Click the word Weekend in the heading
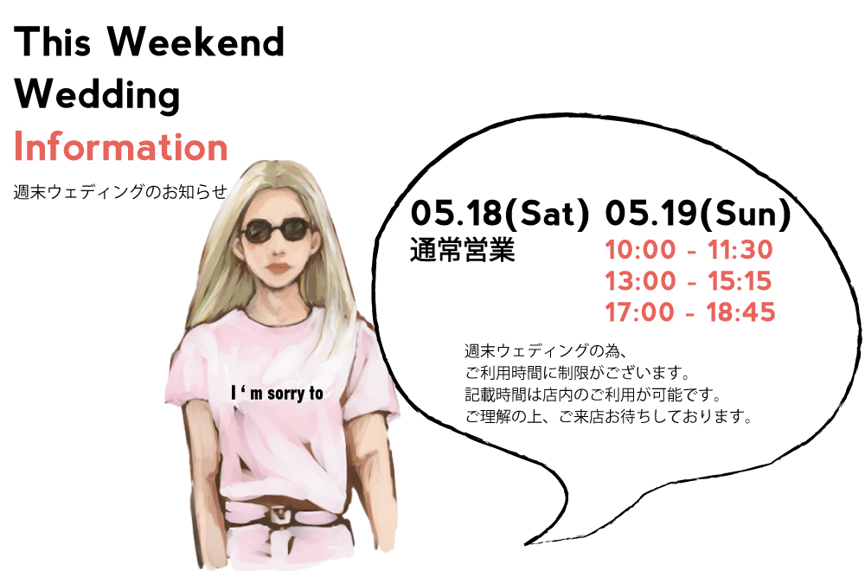pyautogui.click(x=195, y=42)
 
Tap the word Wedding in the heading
pyautogui.click(x=97, y=95)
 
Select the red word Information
pyautogui.click(x=121, y=147)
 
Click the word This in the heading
pyautogui.click(x=53, y=42)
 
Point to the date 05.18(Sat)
pyautogui.click(x=500, y=214)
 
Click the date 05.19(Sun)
pyautogui.click(x=698, y=214)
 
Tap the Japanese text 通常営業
pyautogui.click(x=462, y=250)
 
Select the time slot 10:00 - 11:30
pyautogui.click(x=689, y=250)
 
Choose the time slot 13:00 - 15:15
pyautogui.click(x=688, y=281)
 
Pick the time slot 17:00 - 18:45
pyautogui.click(x=690, y=312)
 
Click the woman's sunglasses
pyautogui.click(x=277, y=230)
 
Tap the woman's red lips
pyautogui.click(x=278, y=269)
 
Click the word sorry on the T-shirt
pyautogui.click(x=285, y=394)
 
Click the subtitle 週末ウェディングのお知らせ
pyautogui.click(x=120, y=191)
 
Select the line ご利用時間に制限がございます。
pyautogui.click(x=578, y=373)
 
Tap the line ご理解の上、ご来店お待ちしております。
pyautogui.click(x=608, y=416)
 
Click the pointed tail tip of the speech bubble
pyautogui.click(x=525, y=544)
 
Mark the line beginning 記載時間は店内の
pyautogui.click(x=593, y=394)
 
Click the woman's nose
pyautogui.click(x=279, y=251)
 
